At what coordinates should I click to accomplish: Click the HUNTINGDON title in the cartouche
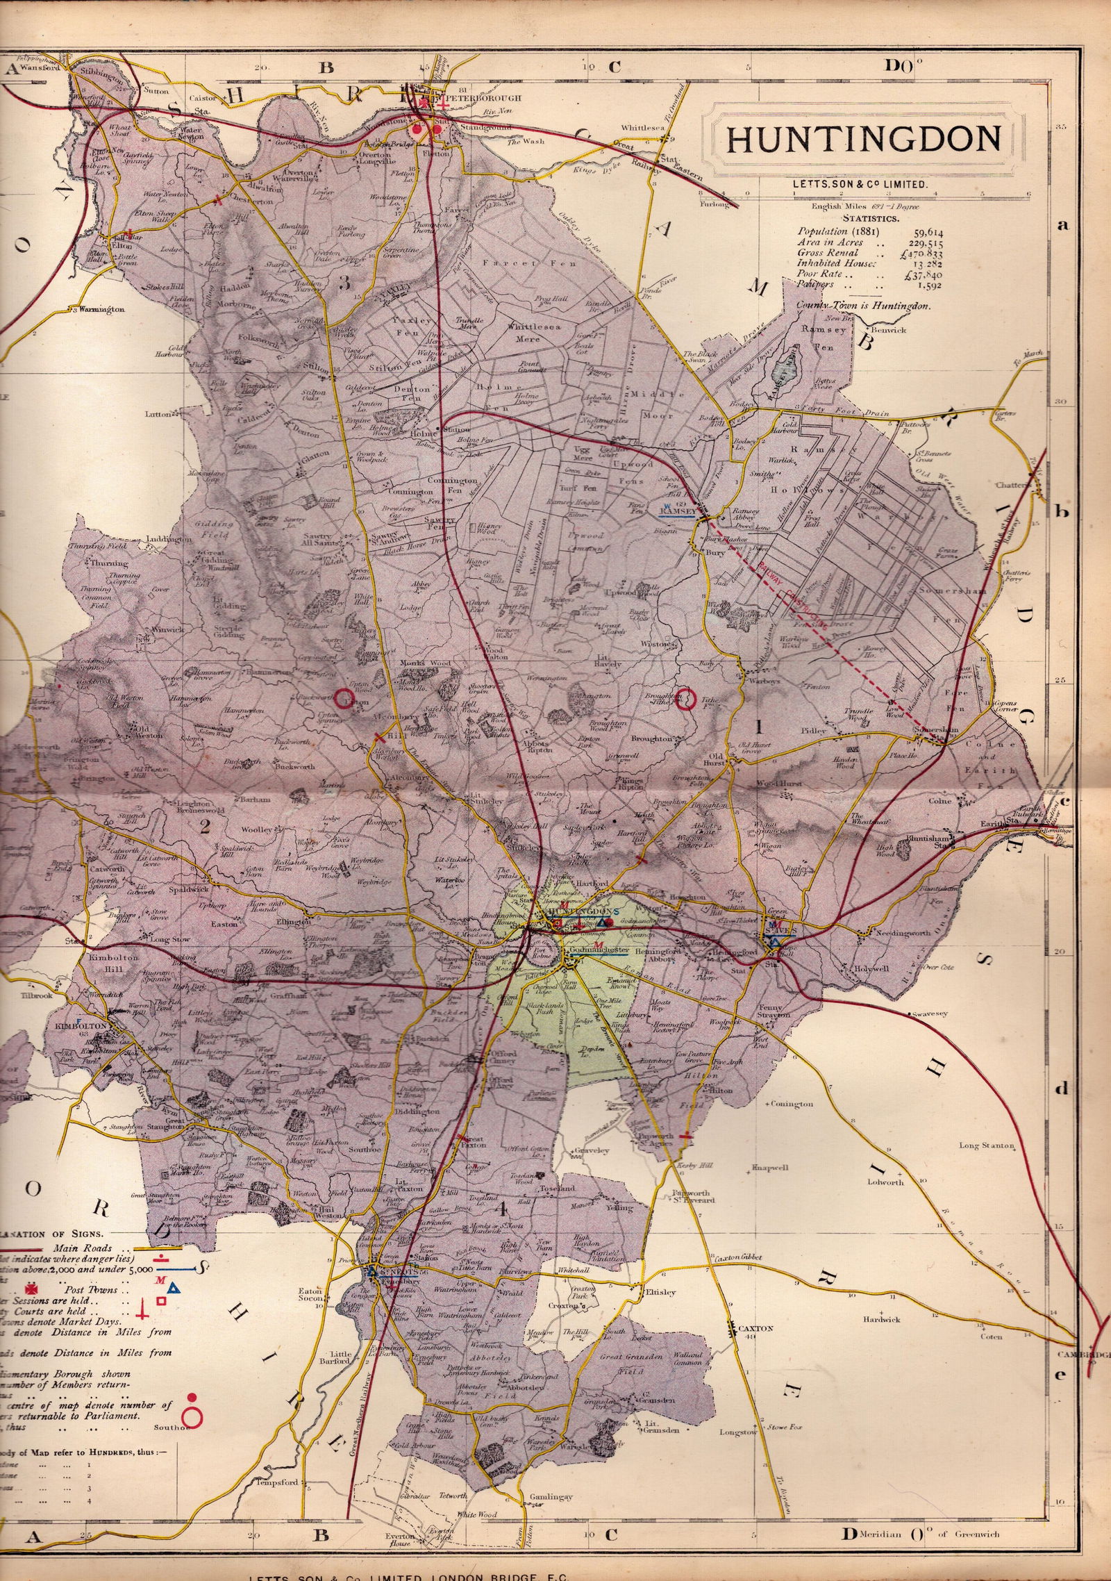863,140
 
